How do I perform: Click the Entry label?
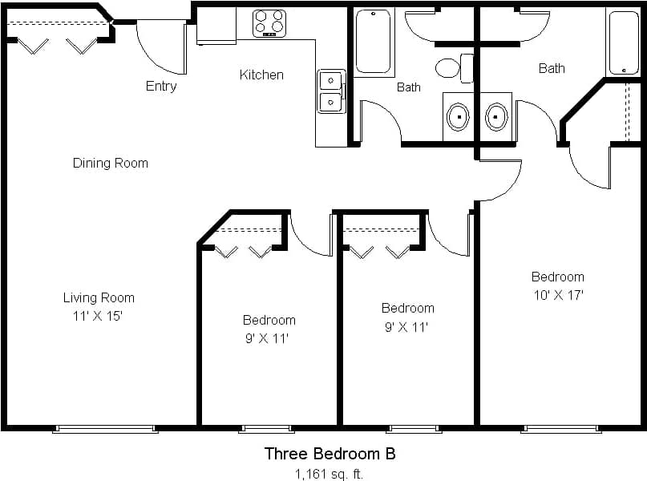point(160,86)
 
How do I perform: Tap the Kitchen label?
point(261,75)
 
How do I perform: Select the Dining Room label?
point(110,163)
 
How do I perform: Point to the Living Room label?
point(99,297)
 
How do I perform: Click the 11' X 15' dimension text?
point(99,316)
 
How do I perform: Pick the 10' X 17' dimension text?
point(557,294)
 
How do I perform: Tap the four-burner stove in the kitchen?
point(269,23)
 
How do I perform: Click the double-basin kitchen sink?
point(330,91)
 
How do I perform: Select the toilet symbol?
point(451,67)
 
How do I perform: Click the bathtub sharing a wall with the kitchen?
point(373,41)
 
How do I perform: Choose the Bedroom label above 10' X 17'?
point(557,277)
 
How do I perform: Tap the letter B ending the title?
point(390,454)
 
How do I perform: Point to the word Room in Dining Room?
point(132,163)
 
